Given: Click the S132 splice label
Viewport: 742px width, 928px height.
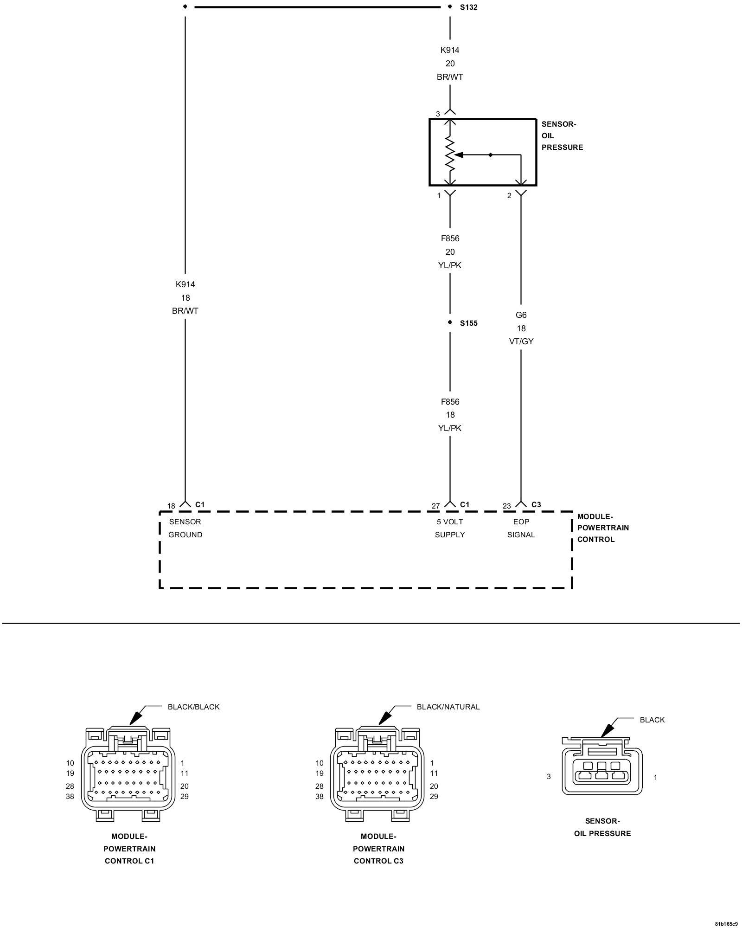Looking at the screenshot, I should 468,7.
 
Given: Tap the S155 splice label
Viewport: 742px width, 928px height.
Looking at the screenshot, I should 468,323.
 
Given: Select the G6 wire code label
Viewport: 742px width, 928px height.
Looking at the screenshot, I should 521,315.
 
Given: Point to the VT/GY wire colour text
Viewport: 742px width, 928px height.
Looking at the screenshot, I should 521,342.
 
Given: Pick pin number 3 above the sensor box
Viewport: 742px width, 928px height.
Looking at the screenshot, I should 438,114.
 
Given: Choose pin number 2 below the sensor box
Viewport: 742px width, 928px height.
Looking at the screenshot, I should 509,196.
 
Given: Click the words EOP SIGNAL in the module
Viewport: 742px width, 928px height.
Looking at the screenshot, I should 521,528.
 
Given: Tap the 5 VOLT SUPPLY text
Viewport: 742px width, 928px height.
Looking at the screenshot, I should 449,528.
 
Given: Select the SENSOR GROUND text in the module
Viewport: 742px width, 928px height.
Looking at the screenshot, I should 185,528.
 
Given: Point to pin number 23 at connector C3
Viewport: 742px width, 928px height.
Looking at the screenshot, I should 506,506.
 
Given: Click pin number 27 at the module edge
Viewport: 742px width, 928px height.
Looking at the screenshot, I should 435,506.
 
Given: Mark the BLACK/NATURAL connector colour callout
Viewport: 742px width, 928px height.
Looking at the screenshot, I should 448,707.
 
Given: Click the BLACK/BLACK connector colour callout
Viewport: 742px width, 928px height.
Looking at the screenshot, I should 193,707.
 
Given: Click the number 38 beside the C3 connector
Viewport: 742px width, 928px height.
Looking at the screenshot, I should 320,797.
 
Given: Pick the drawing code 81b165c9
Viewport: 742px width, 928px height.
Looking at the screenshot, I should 726,923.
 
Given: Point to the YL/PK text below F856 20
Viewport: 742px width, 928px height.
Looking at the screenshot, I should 450,265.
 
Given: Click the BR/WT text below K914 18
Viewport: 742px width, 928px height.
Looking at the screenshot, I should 185,311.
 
